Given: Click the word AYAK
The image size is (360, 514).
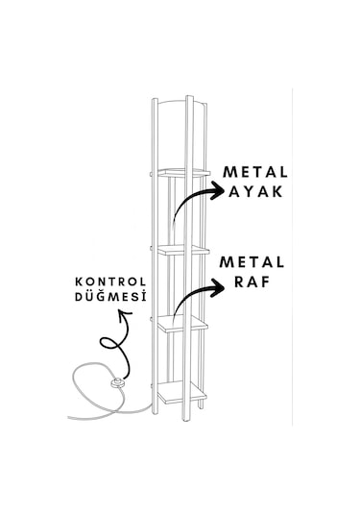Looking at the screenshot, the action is coord(256,191).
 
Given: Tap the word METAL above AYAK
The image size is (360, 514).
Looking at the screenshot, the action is coord(255,171).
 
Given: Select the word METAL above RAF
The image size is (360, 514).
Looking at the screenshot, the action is coord(252,262).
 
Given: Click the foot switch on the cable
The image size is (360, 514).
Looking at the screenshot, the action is coord(119,382).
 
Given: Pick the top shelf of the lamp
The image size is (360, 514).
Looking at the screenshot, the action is coord(182,172).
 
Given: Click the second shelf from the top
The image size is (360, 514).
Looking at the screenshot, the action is coord(182,249).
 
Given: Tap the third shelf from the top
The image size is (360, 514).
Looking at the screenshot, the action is coord(182,323).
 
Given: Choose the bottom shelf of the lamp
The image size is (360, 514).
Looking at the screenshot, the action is coord(182,391).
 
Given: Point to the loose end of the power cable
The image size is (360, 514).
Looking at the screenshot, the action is coord(69,418).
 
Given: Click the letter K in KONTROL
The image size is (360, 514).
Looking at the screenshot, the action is coord(79,281).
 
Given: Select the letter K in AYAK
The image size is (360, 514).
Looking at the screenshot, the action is coord(276,191).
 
